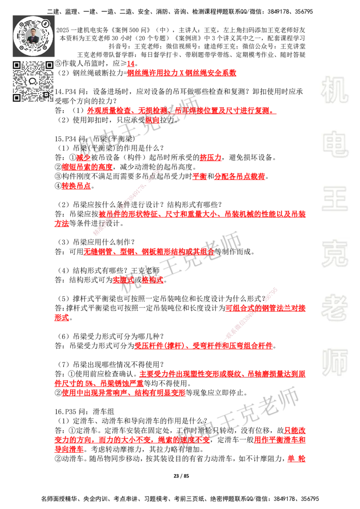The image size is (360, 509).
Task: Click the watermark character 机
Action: [x=334, y=90]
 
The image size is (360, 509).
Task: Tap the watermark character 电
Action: [x=336, y=144]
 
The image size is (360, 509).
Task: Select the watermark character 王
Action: [x=334, y=200]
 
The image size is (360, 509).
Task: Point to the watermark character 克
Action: [x=334, y=254]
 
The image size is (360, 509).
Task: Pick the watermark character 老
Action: [x=334, y=308]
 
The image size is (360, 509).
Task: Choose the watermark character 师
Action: [x=334, y=363]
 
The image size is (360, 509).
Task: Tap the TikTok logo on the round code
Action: [x=45, y=22]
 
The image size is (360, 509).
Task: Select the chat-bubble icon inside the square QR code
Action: [x=33, y=81]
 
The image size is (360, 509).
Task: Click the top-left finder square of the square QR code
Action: [x=17, y=65]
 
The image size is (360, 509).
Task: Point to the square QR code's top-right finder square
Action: [x=49, y=65]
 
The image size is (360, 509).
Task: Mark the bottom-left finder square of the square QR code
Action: [x=17, y=98]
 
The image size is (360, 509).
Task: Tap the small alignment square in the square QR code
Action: [x=45, y=94]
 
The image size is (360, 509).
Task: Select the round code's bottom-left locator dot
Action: [x=21, y=47]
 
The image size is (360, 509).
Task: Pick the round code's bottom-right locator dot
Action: [x=46, y=47]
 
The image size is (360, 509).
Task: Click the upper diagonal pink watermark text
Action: [x=127, y=202]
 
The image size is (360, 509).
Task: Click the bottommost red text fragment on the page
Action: [x=296, y=459]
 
